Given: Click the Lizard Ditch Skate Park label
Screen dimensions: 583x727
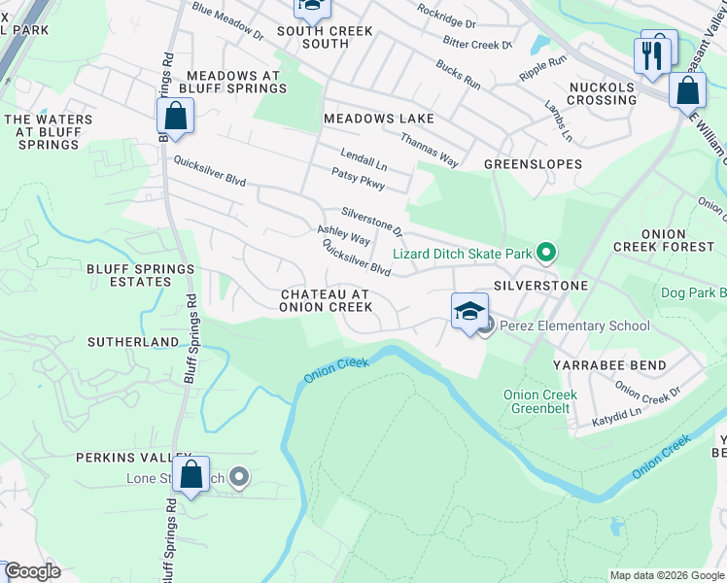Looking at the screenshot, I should (x=462, y=255).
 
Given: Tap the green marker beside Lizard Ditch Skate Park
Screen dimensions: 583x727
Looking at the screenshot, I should (x=545, y=255).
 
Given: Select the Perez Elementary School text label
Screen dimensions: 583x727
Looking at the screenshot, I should (x=574, y=326).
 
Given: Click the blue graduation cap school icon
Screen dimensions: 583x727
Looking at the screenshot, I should (x=469, y=312).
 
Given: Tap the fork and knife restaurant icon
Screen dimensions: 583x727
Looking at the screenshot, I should (x=651, y=53).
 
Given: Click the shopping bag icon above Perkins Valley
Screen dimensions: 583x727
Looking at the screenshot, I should (x=191, y=475).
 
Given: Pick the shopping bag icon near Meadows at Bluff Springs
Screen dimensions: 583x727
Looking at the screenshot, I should (x=175, y=117).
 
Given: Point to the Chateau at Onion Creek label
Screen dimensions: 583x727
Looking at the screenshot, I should (x=326, y=300).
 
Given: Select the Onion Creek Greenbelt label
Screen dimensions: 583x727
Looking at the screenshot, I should (x=539, y=401).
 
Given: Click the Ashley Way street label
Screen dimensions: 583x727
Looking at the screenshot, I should (x=343, y=235).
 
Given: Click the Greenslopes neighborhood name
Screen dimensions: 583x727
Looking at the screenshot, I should (x=534, y=164).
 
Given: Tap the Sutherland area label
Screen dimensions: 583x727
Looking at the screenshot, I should (x=133, y=342).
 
